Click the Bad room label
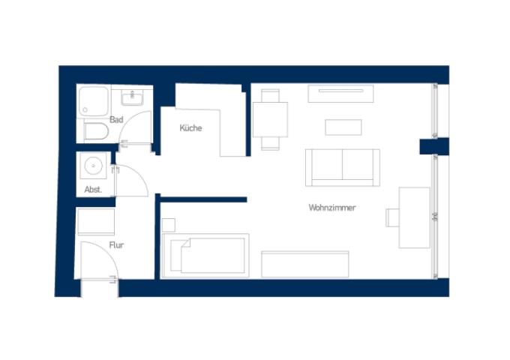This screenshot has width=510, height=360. pyautogui.click(x=116, y=120)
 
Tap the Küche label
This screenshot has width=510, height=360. pyautogui.click(x=190, y=127)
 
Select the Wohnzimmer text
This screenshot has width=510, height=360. pyautogui.click(x=332, y=208)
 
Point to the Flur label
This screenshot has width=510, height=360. pyautogui.click(x=116, y=245)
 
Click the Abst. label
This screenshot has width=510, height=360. pyautogui.click(x=93, y=190)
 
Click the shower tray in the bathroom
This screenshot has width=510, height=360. pyautogui.click(x=94, y=101)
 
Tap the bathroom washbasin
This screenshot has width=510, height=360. pyautogui.click(x=132, y=97)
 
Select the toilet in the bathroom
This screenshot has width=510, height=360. pyautogui.click(x=96, y=131)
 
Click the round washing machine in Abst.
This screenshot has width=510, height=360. pyautogui.click(x=93, y=166)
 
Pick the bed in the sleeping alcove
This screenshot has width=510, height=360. pyautogui.click(x=205, y=256)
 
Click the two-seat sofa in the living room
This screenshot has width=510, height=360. pyautogui.click(x=343, y=168)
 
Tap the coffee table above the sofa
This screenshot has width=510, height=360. pyautogui.click(x=343, y=127)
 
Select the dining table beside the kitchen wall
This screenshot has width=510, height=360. pyautogui.click(x=270, y=120)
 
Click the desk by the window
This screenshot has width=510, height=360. pyautogui.click(x=414, y=217)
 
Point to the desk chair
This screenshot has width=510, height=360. pyautogui.click(x=392, y=217)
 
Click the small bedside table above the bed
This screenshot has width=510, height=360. pyautogui.click(x=169, y=225)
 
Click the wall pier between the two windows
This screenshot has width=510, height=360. pyautogui.click(x=434, y=146)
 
